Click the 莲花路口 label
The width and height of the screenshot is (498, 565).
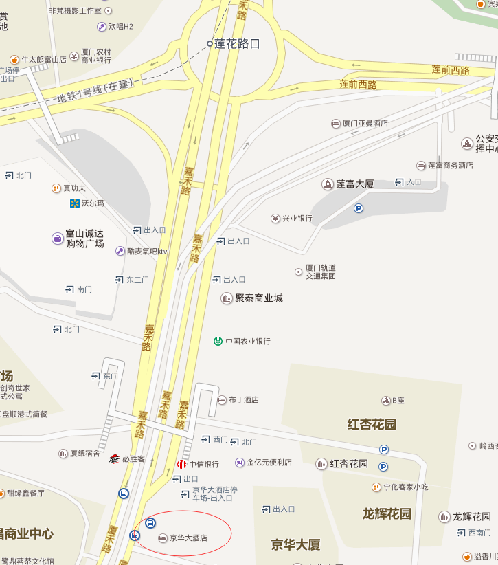(x=237, y=43)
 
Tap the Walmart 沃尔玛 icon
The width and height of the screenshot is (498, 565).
(x=75, y=203)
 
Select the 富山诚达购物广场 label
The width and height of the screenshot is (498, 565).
(x=84, y=239)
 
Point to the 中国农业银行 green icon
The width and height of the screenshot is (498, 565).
(x=218, y=341)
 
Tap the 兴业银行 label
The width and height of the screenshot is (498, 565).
(x=297, y=219)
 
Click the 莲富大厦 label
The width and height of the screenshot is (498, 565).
(x=354, y=184)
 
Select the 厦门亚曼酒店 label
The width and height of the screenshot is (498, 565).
(x=365, y=124)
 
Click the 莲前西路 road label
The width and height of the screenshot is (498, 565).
(x=359, y=85)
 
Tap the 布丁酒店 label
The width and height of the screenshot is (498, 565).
(x=243, y=399)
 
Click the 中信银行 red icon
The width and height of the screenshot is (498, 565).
(x=182, y=464)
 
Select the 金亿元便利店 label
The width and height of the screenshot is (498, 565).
(x=269, y=463)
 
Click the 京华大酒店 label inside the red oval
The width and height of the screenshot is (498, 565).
(x=188, y=538)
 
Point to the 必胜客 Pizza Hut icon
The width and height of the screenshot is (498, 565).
(x=114, y=458)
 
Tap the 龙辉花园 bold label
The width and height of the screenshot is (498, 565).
(x=387, y=513)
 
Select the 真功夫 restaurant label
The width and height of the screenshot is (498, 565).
(x=74, y=188)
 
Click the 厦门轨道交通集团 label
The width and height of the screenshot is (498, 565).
(x=320, y=272)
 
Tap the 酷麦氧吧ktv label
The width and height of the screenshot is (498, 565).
(x=147, y=252)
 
